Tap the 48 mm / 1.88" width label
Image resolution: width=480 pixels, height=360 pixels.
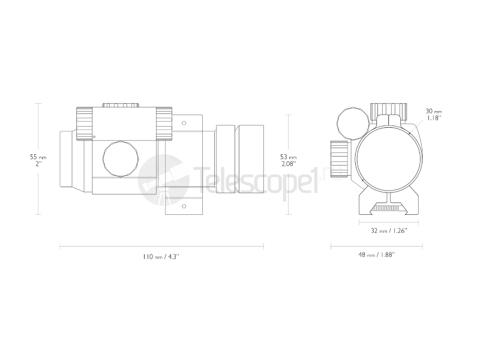pos(377,255)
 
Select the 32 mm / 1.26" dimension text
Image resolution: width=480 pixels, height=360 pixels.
pos(385,230)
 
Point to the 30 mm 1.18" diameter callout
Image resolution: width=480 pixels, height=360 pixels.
pos(434,115)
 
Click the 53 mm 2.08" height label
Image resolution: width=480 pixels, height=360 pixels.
pos(289,160)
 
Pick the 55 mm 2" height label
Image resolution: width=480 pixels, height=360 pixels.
pos(38,160)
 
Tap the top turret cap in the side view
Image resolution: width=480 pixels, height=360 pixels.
pos(122,106)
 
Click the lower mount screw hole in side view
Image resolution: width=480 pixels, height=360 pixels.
pos(184,206)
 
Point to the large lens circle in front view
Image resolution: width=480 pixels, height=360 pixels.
pos(386,154)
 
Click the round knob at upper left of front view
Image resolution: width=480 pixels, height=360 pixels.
pos(351,122)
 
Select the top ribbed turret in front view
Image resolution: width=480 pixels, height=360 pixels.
pos(388,110)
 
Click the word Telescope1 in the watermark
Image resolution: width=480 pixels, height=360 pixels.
pos(255,180)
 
